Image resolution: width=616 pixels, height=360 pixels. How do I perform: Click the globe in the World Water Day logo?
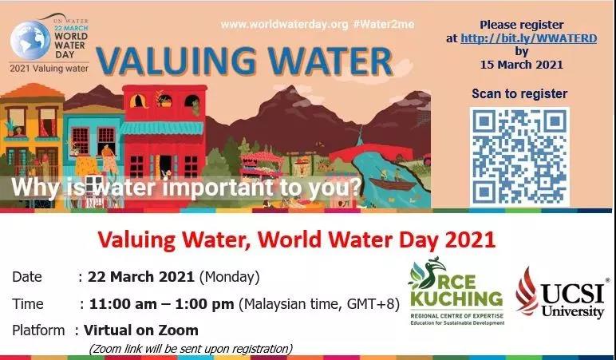30,40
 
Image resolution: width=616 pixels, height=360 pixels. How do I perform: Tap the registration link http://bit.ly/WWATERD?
529,38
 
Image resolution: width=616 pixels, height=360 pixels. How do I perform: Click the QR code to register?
519,156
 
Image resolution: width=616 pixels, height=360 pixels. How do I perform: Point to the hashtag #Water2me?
384,25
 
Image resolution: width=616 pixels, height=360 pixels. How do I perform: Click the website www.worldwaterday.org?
284,25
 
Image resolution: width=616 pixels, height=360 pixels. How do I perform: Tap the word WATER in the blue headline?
331,61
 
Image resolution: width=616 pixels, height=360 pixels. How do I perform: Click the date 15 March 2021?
521,65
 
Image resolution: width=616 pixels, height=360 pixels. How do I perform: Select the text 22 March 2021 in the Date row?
141,277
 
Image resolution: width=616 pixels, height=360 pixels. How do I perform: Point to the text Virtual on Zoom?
141,330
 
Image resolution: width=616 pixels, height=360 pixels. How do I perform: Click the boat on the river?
393,184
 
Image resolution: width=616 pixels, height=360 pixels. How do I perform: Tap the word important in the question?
219,188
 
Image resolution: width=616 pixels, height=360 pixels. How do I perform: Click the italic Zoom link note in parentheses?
191,349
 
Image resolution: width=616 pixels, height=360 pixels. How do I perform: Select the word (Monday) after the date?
230,277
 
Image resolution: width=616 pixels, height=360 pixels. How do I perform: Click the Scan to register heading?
519,94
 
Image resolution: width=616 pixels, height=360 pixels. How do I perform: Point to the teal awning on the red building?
161,129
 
